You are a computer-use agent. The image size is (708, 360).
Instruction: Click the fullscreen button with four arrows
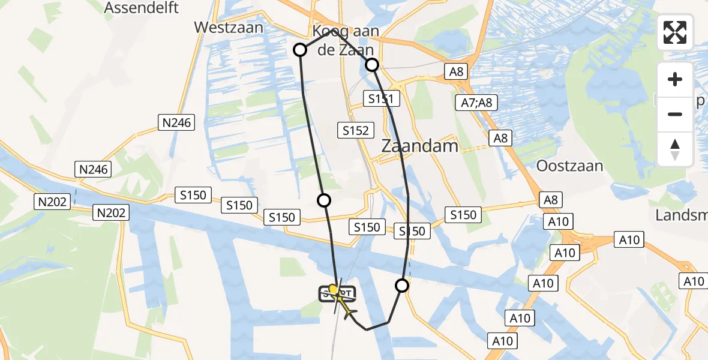coord(675,32)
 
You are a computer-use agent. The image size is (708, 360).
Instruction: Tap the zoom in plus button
coord(675,80)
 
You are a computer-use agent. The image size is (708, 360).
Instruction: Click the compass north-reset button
coord(675,149)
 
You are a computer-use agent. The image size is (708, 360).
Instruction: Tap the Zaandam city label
coord(420,146)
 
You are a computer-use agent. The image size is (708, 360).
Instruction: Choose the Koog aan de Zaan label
coord(344,41)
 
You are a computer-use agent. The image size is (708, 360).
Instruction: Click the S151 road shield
coord(380,99)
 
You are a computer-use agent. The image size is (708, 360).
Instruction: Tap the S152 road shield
coord(355,130)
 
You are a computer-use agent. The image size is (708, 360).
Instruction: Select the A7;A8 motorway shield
coord(476,103)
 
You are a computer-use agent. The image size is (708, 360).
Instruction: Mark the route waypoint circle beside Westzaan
coord(299,50)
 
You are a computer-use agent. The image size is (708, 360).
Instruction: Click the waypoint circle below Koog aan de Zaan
coord(372,65)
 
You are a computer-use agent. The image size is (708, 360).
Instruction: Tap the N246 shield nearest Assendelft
coord(176,123)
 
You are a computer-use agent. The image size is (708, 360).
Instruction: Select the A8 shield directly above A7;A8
coord(457,72)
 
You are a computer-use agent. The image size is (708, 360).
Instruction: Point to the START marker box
coord(337,294)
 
